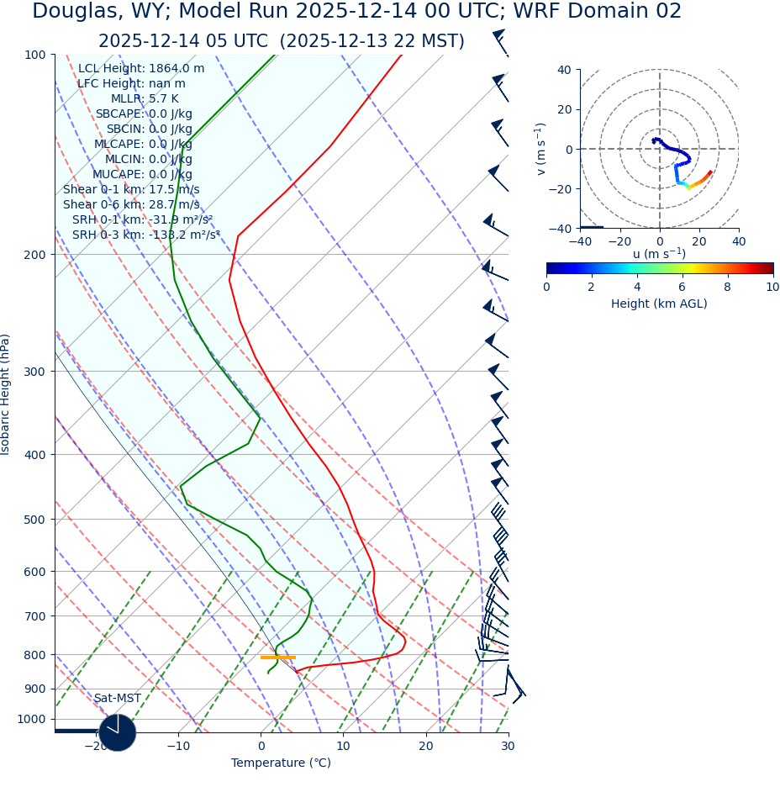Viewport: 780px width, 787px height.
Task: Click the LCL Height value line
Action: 141,69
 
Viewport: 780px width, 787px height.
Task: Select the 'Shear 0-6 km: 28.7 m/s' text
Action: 131,204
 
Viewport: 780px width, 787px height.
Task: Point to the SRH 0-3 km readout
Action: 145,235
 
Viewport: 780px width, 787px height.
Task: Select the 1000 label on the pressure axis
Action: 33,719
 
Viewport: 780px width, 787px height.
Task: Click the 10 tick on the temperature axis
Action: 343,746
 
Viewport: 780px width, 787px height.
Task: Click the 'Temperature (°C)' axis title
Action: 281,763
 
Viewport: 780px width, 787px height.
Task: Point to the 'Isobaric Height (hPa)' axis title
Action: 7,394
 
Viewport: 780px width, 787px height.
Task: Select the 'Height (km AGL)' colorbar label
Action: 659,304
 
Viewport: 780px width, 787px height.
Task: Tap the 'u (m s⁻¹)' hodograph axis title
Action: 659,254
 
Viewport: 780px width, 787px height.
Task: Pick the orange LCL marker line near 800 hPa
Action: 277,658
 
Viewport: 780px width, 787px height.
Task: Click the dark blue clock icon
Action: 118,732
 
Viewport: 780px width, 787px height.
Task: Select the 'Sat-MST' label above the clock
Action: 118,699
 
